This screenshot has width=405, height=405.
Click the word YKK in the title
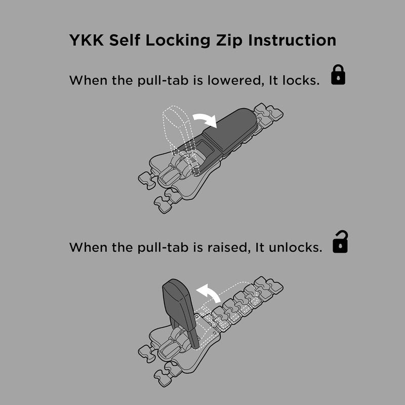pos(86,40)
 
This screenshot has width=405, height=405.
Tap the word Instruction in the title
pos(292,40)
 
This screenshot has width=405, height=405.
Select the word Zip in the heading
pos(229,41)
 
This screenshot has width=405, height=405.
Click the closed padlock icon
pos(338,74)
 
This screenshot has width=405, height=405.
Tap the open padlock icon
pos(340,241)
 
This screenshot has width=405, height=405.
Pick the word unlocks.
pos(296,248)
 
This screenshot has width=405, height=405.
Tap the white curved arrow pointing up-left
pos(209,292)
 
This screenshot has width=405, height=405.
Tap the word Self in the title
pos(125,40)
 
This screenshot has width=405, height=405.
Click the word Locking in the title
pos(178,41)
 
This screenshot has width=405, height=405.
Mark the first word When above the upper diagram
pos(88,80)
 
